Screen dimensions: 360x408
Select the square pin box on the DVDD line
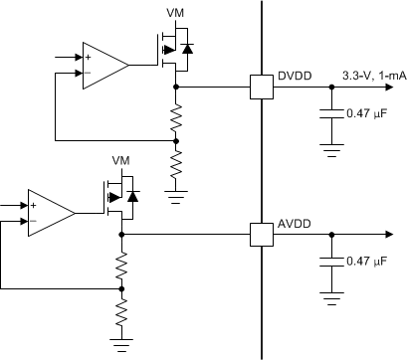262,87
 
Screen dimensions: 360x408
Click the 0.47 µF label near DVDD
366,113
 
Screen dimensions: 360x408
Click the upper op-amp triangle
103,66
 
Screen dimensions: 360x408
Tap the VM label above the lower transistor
121,160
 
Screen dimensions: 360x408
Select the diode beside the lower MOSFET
132,195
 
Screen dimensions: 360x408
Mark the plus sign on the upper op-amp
90,58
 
